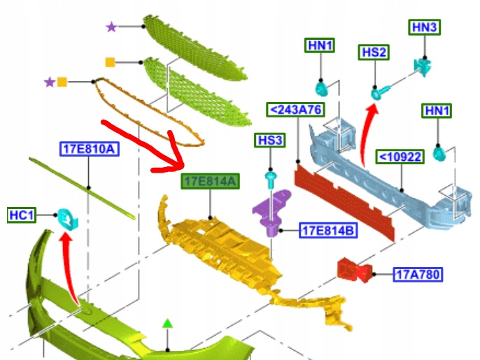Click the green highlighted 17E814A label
211,182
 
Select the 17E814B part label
326,229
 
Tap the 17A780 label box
418,275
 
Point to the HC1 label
22,214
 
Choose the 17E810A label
90,148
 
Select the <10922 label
400,156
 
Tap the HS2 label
374,52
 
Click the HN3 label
424,27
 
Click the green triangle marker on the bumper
167,323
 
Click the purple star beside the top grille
111,27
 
